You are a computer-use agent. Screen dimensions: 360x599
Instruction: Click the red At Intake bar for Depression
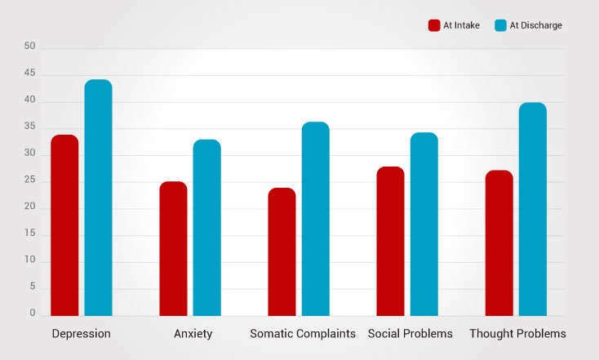64,225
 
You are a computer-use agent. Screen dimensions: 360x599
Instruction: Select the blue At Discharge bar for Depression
98,198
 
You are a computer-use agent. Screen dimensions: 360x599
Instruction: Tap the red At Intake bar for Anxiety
173,248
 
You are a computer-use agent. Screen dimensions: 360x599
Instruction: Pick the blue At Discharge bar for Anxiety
206,228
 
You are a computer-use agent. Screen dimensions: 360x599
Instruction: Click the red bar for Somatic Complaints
282,251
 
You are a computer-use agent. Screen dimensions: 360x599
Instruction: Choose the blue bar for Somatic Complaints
315,219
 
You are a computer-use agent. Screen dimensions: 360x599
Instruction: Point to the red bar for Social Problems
390,241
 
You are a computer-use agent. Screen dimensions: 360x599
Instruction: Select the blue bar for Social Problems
424,224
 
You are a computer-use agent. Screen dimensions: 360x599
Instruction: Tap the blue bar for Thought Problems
532,209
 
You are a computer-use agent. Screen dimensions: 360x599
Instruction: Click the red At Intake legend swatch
434,25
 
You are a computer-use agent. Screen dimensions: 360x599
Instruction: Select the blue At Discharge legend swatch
500,25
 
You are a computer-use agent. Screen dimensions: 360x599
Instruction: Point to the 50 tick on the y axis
30,47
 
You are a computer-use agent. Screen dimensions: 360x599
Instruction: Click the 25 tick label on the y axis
30,180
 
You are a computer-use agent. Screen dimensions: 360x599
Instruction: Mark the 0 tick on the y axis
33,313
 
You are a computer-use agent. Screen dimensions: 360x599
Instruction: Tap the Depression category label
81,334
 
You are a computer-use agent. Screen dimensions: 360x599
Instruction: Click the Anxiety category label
193,334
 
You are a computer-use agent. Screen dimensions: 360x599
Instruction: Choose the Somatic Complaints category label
303,334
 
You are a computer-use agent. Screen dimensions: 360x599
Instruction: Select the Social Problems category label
410,334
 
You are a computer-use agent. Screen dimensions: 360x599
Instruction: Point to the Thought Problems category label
517,334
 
